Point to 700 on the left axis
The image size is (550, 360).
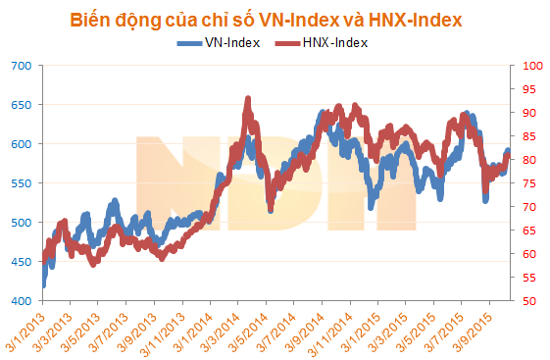(x=21, y=66)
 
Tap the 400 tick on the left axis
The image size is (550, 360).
(x=21, y=301)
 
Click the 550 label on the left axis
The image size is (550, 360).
(x=21, y=183)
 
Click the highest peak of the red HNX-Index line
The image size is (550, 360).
(x=248, y=98)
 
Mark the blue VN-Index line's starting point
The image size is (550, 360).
(x=43, y=285)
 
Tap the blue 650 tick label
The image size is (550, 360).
(x=21, y=105)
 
